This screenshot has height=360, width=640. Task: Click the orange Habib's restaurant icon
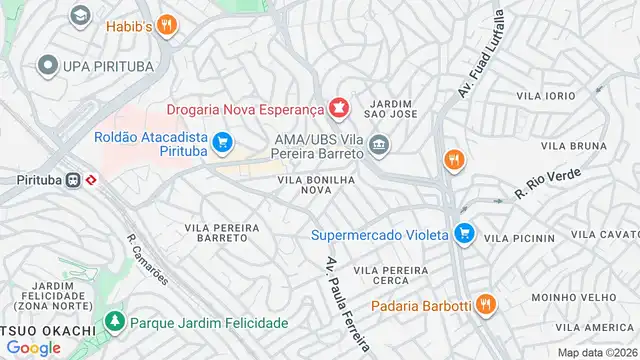[x=168, y=26]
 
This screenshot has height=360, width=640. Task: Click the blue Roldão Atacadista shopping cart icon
[x=222, y=142]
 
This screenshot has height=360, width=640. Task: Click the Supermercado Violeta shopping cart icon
[x=463, y=236]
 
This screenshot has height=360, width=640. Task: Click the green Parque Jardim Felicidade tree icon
[x=117, y=323]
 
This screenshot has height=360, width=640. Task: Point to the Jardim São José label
[x=390, y=109]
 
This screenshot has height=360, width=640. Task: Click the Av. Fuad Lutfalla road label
[x=481, y=54]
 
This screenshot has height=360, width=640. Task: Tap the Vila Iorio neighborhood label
[x=546, y=95]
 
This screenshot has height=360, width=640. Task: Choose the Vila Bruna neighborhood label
[x=576, y=146]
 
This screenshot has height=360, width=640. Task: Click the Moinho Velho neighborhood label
[x=567, y=298]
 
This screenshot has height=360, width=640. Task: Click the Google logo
[x=33, y=347]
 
